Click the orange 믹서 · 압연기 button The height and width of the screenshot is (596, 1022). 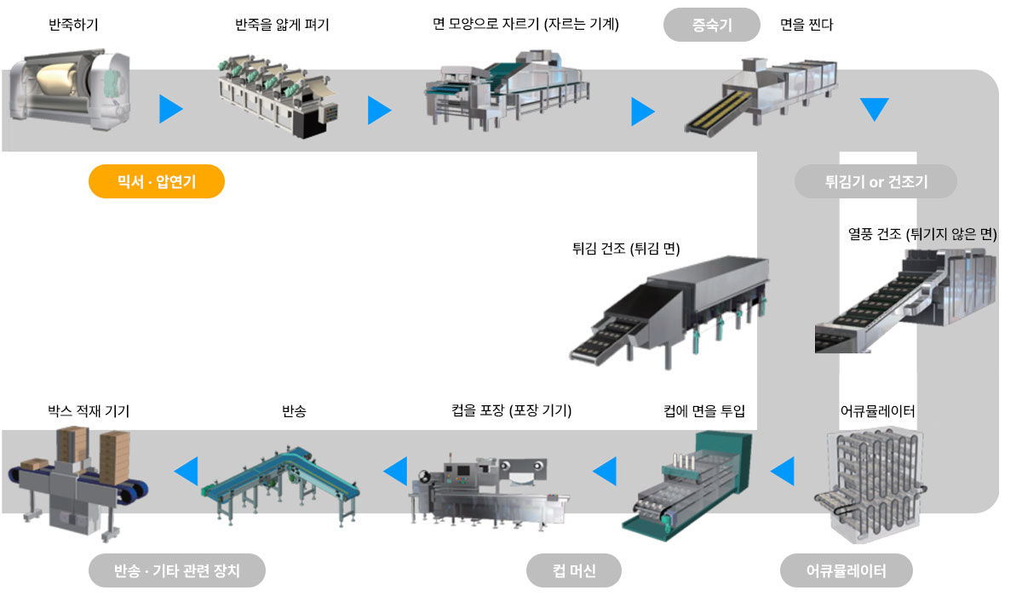point(157,181)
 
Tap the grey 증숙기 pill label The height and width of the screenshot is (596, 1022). point(712,25)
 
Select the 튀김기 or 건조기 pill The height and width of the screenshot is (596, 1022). point(876,181)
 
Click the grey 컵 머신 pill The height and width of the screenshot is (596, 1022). point(574,570)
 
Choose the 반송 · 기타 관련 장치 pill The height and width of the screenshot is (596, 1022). point(177,570)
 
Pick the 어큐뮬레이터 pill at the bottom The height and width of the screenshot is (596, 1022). point(847,570)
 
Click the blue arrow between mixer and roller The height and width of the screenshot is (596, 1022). point(171,109)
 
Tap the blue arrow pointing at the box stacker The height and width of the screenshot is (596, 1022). point(187,471)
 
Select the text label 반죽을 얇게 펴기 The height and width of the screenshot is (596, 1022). point(282,24)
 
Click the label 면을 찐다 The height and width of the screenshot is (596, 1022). point(807,24)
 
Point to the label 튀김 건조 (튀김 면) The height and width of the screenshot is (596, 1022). point(626,249)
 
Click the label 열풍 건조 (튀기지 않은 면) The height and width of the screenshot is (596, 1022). point(922,234)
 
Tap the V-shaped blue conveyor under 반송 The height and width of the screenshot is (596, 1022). point(280,486)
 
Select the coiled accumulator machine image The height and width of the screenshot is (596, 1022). point(870,484)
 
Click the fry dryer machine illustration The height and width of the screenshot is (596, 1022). point(669,312)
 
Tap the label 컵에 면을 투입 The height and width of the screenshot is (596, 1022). point(704,411)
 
